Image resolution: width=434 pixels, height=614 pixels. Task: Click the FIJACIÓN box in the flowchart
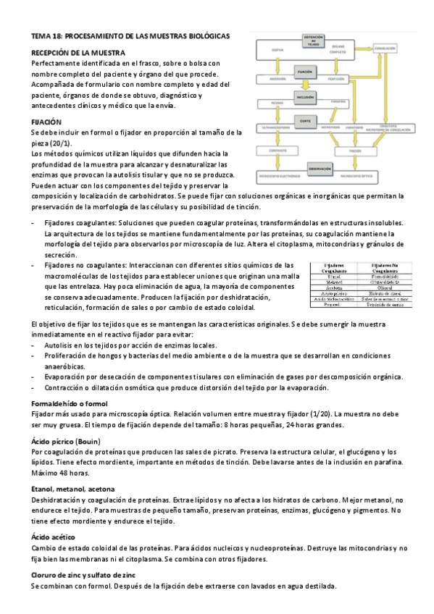[304, 72]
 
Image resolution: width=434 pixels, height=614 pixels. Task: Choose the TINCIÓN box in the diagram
[355, 151]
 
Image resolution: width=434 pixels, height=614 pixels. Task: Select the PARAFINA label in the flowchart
[338, 102]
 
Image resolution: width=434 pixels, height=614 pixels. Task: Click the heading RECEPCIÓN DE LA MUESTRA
[78, 53]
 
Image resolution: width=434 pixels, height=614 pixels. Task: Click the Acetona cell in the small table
[335, 286]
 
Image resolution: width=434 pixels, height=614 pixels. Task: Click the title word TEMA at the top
[42, 35]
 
